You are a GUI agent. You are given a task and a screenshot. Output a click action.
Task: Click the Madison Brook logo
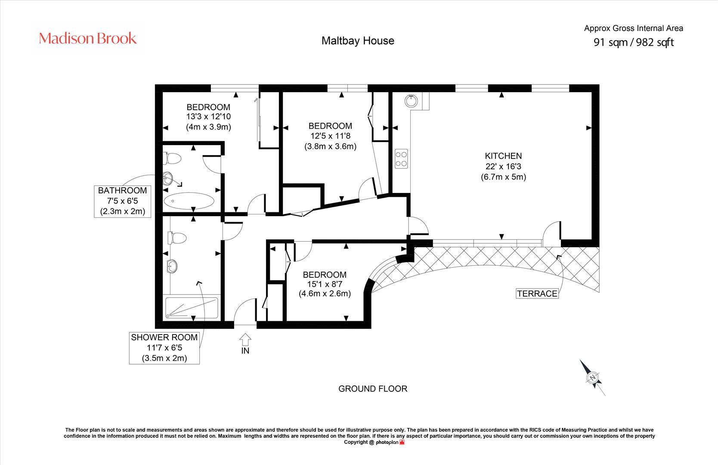tap(88, 38)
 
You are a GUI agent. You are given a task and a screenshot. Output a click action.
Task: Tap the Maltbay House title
tap(358, 41)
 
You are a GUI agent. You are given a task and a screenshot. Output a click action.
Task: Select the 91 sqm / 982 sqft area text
tap(634, 42)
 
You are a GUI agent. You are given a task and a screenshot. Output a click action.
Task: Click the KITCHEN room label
tap(503, 156)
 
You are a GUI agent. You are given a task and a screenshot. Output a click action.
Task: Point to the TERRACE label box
tap(537, 294)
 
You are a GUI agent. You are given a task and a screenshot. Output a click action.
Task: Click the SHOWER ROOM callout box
tap(164, 348)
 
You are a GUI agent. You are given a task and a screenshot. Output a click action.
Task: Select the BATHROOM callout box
tap(122, 201)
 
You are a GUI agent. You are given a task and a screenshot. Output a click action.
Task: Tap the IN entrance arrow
tap(245, 339)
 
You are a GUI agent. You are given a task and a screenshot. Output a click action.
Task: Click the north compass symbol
tap(593, 378)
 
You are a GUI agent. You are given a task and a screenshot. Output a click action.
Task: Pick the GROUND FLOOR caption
tap(373, 389)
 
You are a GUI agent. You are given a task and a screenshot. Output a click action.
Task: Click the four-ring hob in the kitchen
tap(401, 159)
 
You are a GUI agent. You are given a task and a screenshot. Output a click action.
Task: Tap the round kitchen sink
tap(411, 101)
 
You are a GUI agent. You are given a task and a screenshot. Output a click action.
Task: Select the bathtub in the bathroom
tap(189, 201)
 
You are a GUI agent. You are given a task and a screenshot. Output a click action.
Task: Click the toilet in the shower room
tap(177, 238)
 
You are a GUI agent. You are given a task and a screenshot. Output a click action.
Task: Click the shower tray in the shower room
tap(192, 308)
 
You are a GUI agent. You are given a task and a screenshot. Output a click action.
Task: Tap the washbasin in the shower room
tap(172, 266)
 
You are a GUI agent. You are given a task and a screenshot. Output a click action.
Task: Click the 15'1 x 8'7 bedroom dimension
tap(325, 284)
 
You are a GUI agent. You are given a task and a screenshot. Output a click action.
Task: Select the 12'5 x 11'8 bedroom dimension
tap(331, 136)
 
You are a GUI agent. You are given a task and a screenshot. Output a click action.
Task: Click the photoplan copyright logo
tap(390, 442)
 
